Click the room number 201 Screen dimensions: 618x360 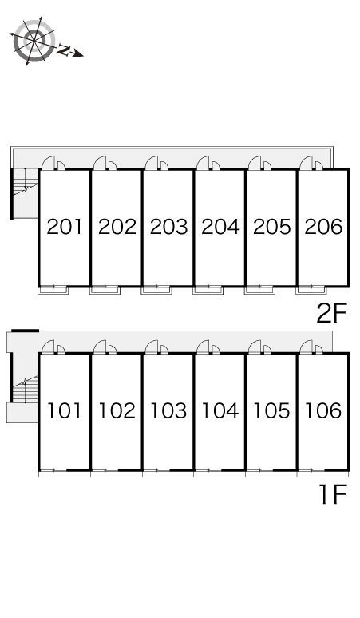coord(65,227)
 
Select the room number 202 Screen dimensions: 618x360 coord(117,227)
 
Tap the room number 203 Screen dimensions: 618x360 coord(168,227)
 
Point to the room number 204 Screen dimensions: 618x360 coord(220,227)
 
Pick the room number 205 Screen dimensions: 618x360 coord(271,227)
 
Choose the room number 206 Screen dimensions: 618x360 coord(323,227)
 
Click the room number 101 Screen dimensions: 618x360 coord(65,411)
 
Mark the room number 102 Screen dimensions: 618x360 coord(117,411)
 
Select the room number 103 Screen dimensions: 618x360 coord(168,411)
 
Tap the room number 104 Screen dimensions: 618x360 coord(220,411)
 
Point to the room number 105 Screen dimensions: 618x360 coord(271,411)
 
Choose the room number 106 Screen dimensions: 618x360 coord(323,411)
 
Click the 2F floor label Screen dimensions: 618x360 coord(331,312)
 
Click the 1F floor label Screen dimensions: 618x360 coord(331,496)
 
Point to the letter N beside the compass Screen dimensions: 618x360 coord(65,51)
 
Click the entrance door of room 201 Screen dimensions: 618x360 coord(49,163)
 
